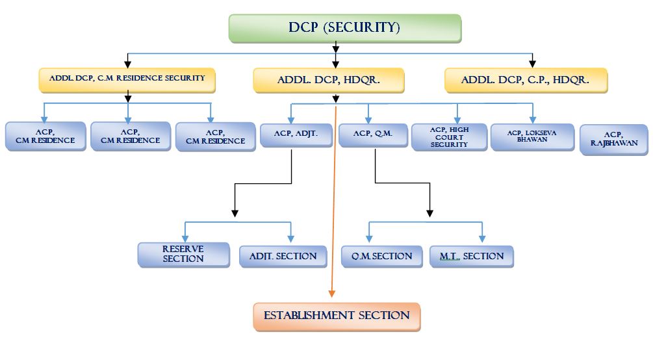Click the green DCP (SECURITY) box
tap(344, 28)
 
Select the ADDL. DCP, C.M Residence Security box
tap(127, 79)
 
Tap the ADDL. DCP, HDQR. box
tap(328, 81)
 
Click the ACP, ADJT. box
tap(297, 135)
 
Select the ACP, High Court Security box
tap(449, 137)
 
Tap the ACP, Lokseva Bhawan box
tap(531, 136)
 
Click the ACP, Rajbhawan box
tap(613, 140)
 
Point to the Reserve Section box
tap(183, 254)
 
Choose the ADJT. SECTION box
tap(283, 256)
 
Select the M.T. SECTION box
tap(472, 256)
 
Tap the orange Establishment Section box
tap(337, 316)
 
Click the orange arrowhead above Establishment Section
tap(331, 294)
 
